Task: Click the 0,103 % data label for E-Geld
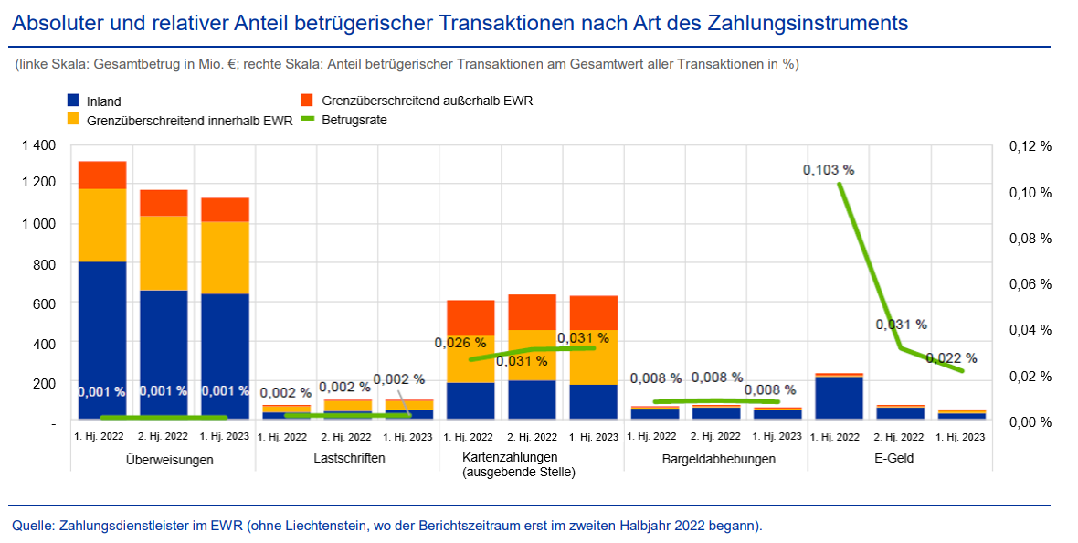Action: point(829,170)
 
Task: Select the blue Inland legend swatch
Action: point(74,101)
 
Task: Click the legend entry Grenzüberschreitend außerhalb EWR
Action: point(427,101)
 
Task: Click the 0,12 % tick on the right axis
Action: point(1030,146)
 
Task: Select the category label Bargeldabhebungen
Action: point(718,459)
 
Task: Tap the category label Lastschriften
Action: point(347,458)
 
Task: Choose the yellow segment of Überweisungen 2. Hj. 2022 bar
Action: point(164,253)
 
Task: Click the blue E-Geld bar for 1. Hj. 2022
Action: point(840,397)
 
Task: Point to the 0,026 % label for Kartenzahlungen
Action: point(460,343)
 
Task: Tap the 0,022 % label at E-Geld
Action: point(951,358)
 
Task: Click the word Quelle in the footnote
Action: point(32,526)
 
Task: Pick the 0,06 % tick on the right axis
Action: point(1030,284)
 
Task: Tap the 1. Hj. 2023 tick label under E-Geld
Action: point(962,438)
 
